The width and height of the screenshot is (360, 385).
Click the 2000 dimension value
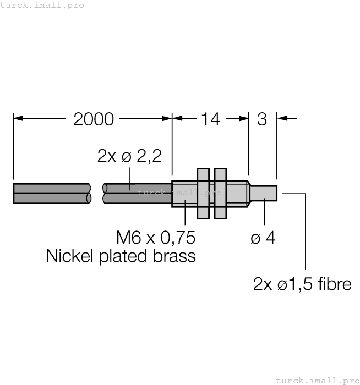(x=94, y=119)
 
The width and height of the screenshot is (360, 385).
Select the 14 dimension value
(x=210, y=119)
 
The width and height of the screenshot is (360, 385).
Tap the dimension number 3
(x=262, y=119)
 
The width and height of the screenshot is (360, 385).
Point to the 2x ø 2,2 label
(x=129, y=156)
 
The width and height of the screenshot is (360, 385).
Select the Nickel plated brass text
(x=121, y=256)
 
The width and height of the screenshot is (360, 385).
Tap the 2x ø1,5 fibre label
(x=302, y=284)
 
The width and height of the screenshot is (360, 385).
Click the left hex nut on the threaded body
(x=202, y=194)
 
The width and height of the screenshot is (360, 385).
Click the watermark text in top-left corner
(x=42, y=5)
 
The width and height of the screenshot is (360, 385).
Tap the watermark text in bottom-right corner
(x=317, y=380)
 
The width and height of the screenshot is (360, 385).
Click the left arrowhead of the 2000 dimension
(x=17, y=118)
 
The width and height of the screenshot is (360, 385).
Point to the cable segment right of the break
(x=138, y=194)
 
